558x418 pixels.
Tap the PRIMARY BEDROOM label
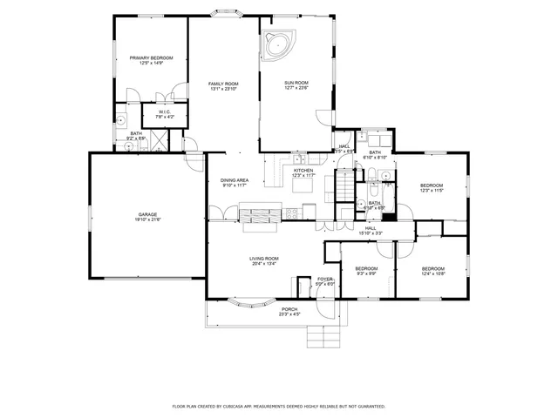pyautogui.click(x=152, y=58)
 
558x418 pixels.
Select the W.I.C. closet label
pyautogui.click(x=165, y=112)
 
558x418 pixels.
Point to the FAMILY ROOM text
pyautogui.click(x=223, y=85)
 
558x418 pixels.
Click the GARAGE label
pyautogui.click(x=146, y=216)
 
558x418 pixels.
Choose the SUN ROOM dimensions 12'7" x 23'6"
pyautogui.click(x=296, y=88)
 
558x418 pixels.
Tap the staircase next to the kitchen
pyautogui.click(x=346, y=185)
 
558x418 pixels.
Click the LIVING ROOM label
pyautogui.click(x=263, y=260)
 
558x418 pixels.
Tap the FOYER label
pyautogui.click(x=325, y=280)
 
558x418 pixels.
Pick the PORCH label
pyautogui.click(x=289, y=311)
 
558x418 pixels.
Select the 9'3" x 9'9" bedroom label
pyautogui.click(x=366, y=270)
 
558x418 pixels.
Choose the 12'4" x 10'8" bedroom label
pyautogui.click(x=433, y=270)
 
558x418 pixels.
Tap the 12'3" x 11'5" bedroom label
pyautogui.click(x=432, y=187)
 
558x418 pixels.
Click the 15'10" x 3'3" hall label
pyautogui.click(x=371, y=231)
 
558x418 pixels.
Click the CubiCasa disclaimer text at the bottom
pyautogui.click(x=279, y=406)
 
